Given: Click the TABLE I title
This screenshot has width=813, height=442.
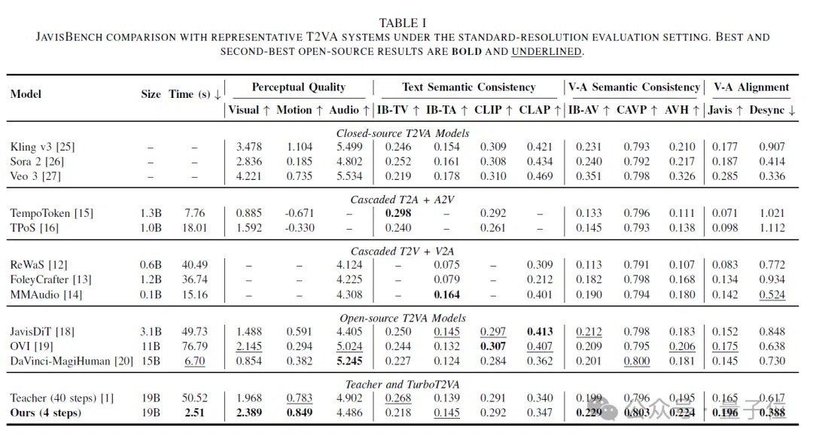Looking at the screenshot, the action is [402, 23].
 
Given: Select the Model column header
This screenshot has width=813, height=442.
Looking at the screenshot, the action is [26, 94].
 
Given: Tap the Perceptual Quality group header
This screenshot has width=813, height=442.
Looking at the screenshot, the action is [299, 87].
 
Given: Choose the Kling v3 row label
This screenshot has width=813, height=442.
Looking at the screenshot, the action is [42, 147].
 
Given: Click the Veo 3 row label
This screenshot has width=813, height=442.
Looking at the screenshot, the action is [35, 176].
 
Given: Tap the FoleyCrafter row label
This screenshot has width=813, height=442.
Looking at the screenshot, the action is [51, 279].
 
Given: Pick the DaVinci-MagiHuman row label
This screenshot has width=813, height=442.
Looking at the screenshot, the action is [72, 361].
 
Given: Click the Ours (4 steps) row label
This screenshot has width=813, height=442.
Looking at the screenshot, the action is [46, 413].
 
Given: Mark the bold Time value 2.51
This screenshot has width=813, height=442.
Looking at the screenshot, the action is [194, 413].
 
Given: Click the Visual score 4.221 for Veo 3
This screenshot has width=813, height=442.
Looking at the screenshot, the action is [249, 176].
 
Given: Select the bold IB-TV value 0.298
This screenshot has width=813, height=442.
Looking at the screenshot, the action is [398, 213].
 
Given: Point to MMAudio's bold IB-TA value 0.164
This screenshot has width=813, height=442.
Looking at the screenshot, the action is [447, 294].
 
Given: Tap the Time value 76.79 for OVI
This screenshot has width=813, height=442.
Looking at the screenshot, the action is [194, 346].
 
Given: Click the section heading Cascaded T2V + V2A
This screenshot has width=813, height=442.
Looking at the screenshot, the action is [403, 251].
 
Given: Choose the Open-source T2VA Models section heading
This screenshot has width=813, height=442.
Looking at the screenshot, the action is [403, 318].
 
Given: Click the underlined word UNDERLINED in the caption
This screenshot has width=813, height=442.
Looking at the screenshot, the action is [547, 51].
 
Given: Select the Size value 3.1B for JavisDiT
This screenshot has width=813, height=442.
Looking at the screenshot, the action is [151, 331].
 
